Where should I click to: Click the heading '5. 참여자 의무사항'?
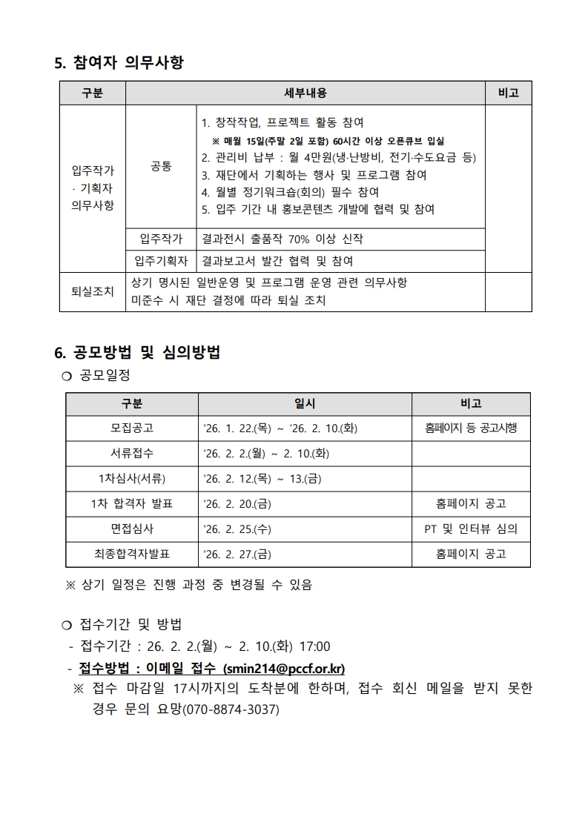point(119,63)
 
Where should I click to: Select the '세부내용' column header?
point(305,93)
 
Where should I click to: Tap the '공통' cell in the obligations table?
point(161,167)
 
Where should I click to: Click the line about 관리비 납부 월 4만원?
point(338,157)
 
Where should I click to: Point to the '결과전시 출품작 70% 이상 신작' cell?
point(282,239)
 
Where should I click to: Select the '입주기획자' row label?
point(161,261)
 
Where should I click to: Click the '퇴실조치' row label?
point(92,291)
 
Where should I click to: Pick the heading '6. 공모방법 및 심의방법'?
point(137,352)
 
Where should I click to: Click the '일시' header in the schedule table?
point(305,403)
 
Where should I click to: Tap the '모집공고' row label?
point(132,428)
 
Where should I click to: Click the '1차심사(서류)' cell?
point(132,479)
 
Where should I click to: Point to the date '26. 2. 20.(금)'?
point(237,504)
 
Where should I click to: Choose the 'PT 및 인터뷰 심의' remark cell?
point(471,529)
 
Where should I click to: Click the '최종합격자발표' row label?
point(132,554)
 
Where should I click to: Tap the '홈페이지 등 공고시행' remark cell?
point(471,428)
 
